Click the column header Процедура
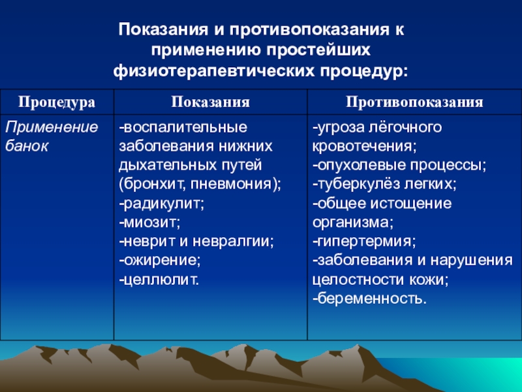point(57,102)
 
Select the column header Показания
point(210,102)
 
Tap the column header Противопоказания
point(414,102)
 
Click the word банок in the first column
point(27,146)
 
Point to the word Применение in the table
point(52,127)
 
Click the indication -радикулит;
point(162,204)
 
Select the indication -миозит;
point(150,222)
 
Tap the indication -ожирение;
point(160,261)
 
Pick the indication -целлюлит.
point(159,280)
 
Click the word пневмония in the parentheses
point(231,184)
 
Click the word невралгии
point(233,242)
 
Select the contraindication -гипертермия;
point(364,242)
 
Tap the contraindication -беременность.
point(369,299)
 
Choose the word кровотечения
point(364,146)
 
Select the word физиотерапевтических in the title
point(214,71)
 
